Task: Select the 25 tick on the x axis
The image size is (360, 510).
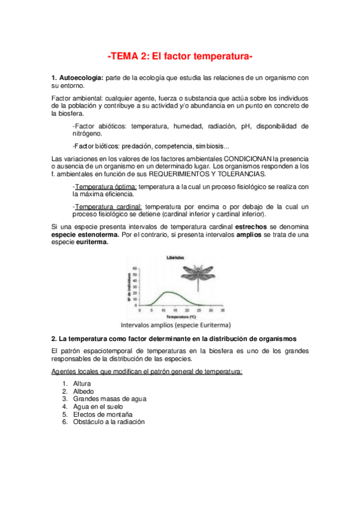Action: coord(198,310)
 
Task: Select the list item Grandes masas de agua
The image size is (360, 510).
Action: coord(109,399)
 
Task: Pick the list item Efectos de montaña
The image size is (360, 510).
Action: coord(102,414)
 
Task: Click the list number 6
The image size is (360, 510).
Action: coord(65,422)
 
